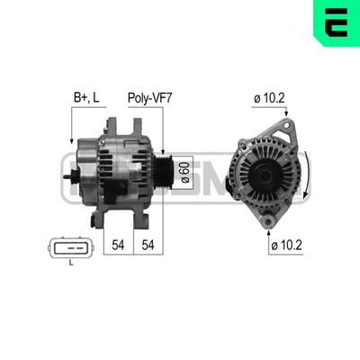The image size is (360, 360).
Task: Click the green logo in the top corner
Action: tap(336, 22)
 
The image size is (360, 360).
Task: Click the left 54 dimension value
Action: tap(117, 245)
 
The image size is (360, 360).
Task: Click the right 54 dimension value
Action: tap(149, 245)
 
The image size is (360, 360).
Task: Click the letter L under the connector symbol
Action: tap(70, 262)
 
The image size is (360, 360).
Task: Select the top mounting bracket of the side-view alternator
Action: tap(115, 123)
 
